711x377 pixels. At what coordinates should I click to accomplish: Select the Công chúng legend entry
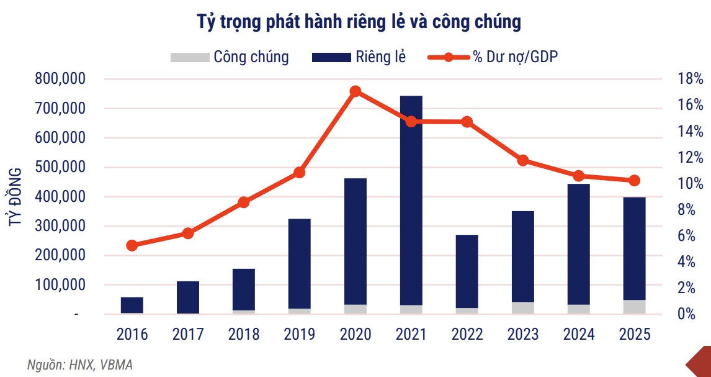(x=230, y=57)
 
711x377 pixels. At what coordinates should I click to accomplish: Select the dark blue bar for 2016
(x=132, y=305)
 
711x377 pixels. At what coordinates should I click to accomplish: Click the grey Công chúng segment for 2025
(x=634, y=307)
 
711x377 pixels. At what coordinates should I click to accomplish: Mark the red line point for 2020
(x=355, y=91)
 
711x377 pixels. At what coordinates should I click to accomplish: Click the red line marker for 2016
(x=132, y=245)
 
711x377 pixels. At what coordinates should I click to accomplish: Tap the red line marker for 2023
(x=523, y=160)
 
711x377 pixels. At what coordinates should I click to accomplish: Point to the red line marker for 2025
(x=634, y=181)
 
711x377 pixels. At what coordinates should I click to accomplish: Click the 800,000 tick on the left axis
(x=61, y=79)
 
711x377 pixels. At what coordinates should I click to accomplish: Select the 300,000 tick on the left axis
(x=61, y=226)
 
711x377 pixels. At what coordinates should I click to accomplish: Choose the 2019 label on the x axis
(x=300, y=334)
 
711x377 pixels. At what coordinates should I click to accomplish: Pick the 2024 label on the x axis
(x=579, y=334)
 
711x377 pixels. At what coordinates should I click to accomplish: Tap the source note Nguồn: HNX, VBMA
(x=79, y=365)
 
